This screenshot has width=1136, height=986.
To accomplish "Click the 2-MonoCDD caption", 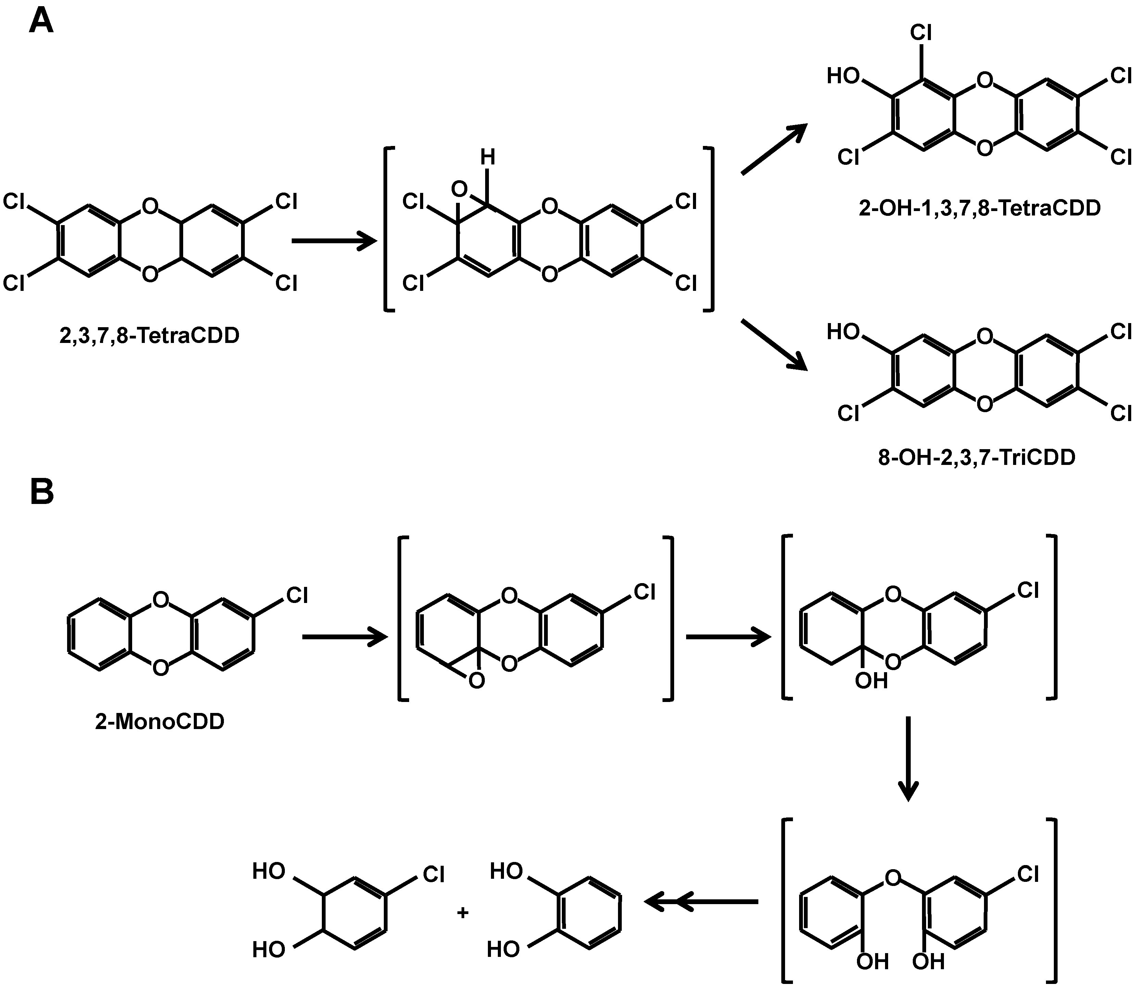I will pyautogui.click(x=160, y=722).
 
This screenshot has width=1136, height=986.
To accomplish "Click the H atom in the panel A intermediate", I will pyautogui.click(x=487, y=158).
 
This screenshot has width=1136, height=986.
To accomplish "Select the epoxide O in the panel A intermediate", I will pyautogui.click(x=459, y=190).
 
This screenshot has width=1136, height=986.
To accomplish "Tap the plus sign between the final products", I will pyautogui.click(x=463, y=912).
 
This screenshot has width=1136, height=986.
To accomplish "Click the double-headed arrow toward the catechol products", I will pyautogui.click(x=701, y=902).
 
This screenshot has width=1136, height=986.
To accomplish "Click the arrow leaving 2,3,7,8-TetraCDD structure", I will pyautogui.click(x=334, y=241).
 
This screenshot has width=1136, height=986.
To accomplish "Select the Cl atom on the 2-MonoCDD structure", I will pyautogui.click(x=297, y=595).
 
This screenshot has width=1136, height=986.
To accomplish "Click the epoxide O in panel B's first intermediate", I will pyautogui.click(x=477, y=681).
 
